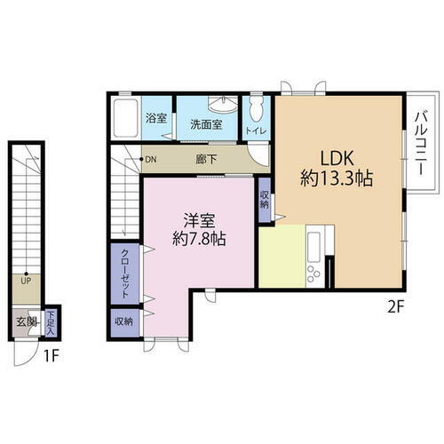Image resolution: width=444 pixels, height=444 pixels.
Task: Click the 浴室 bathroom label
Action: (x=156, y=116)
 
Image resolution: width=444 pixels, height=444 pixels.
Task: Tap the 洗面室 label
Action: (x=207, y=124)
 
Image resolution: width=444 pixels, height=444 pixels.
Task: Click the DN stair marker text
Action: (x=151, y=161)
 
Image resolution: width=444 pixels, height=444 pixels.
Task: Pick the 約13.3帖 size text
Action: (x=336, y=178)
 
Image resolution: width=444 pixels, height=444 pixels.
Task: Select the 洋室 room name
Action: (x=199, y=218)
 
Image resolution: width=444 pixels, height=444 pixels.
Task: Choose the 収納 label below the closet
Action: (x=124, y=321)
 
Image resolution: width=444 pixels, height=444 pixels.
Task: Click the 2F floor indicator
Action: (x=397, y=309)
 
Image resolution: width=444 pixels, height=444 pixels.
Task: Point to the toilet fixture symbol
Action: (x=256, y=112)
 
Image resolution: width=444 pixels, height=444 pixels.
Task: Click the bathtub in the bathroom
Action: (x=125, y=116)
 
